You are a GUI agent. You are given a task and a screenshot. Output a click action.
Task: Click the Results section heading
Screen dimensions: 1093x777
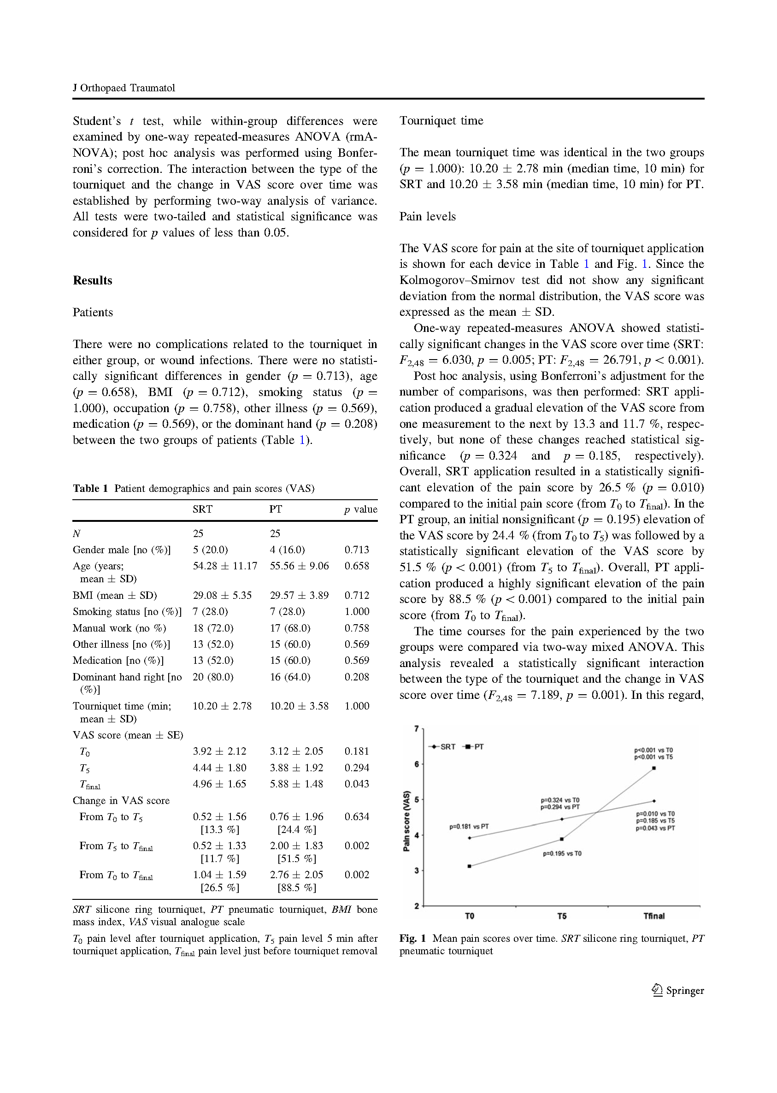tap(92, 280)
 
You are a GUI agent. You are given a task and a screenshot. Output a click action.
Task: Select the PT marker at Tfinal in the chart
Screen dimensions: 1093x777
tap(653, 768)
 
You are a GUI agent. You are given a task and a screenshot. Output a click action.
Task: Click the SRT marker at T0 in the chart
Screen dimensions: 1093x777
tap(469, 838)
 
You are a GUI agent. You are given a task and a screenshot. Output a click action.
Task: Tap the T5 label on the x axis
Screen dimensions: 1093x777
tap(562, 916)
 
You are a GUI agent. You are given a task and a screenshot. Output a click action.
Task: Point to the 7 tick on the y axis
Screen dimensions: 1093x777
tap(416, 729)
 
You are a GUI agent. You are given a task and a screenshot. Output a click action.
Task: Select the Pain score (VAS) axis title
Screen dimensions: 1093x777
tap(406, 821)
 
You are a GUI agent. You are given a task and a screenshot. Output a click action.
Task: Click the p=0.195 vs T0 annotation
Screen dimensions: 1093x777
tap(562, 853)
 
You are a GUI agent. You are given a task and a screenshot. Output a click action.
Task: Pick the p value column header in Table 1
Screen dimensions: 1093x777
tap(360, 509)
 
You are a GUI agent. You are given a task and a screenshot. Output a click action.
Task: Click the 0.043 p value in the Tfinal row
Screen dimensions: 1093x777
tap(357, 784)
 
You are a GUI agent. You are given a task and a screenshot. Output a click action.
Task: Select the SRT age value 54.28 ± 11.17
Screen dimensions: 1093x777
tap(225, 566)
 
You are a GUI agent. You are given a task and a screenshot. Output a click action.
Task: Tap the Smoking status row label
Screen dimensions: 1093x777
tap(127, 612)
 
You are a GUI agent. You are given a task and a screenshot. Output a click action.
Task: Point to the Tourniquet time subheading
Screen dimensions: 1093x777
tap(441, 121)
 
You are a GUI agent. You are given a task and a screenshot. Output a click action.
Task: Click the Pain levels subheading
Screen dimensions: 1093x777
tap(427, 216)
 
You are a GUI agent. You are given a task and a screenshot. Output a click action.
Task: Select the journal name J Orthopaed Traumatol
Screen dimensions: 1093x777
tap(124, 88)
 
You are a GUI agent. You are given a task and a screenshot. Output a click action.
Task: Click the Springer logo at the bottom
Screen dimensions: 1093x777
tap(677, 991)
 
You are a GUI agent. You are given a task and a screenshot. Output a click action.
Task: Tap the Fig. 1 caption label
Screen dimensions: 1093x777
tap(412, 939)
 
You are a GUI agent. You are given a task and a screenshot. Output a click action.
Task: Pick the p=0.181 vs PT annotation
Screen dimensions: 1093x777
tap(469, 827)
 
